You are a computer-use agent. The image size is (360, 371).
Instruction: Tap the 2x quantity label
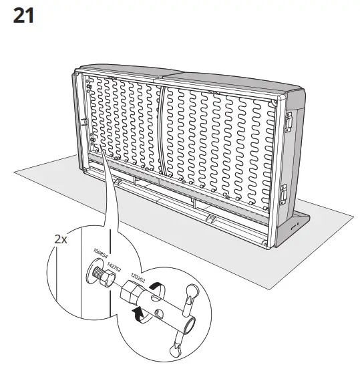click(x=62, y=239)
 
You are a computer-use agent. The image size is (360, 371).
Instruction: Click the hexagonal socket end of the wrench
click(x=131, y=294)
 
